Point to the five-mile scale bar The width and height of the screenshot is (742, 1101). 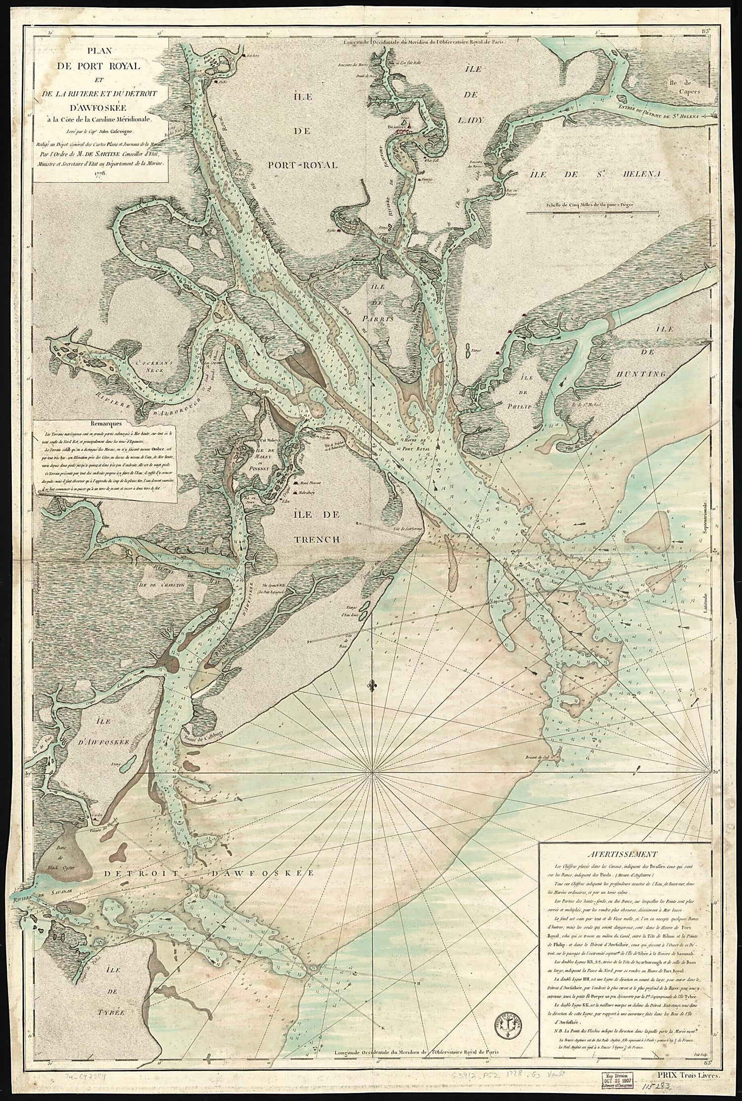[x=593, y=213]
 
